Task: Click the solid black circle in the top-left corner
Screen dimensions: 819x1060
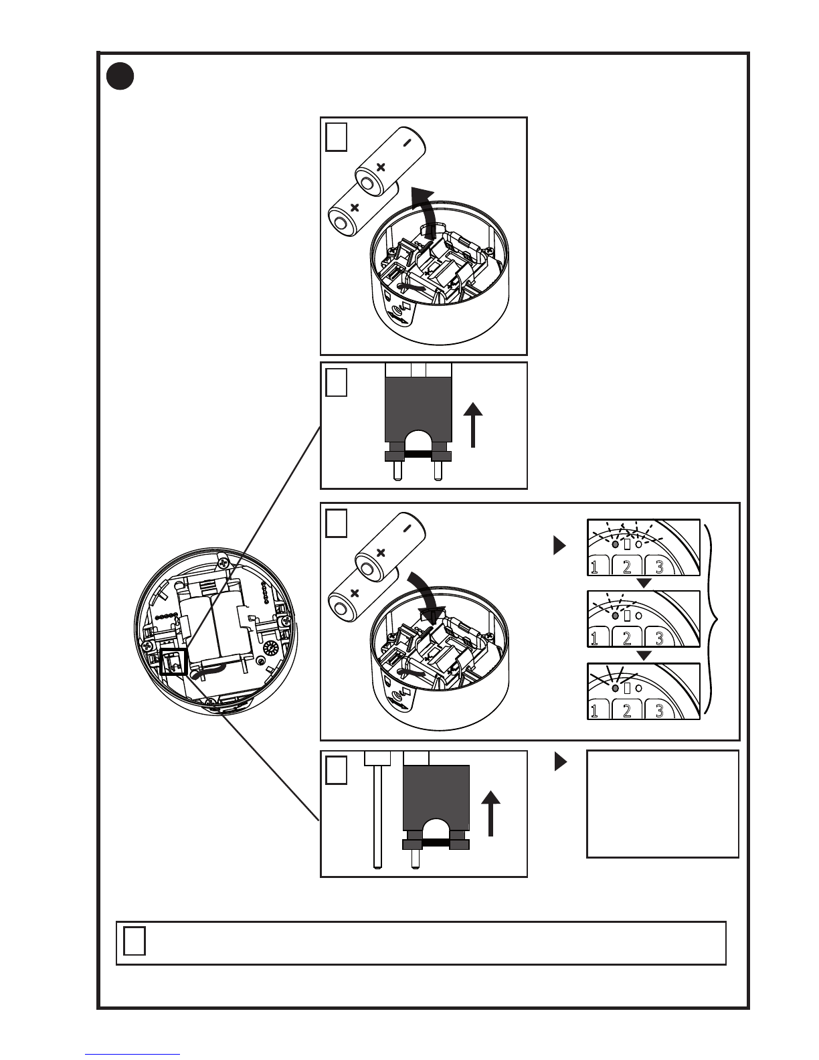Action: (x=120, y=76)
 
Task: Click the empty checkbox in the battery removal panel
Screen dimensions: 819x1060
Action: (x=337, y=137)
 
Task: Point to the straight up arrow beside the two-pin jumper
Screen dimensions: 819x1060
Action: (x=473, y=424)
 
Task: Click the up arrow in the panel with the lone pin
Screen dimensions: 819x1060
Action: (x=491, y=812)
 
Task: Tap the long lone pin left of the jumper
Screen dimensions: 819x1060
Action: (x=378, y=816)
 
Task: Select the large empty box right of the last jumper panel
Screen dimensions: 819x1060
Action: (x=662, y=804)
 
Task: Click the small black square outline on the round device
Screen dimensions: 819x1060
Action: (x=173, y=661)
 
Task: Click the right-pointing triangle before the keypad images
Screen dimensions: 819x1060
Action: (x=560, y=546)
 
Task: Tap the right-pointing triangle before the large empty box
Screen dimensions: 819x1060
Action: (x=560, y=762)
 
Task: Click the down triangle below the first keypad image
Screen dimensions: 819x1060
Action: (x=643, y=584)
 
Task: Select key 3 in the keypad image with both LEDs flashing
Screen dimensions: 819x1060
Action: (x=659, y=567)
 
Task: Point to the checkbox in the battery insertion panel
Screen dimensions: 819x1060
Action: (x=337, y=523)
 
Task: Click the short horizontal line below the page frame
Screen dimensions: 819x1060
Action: (x=132, y=1054)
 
